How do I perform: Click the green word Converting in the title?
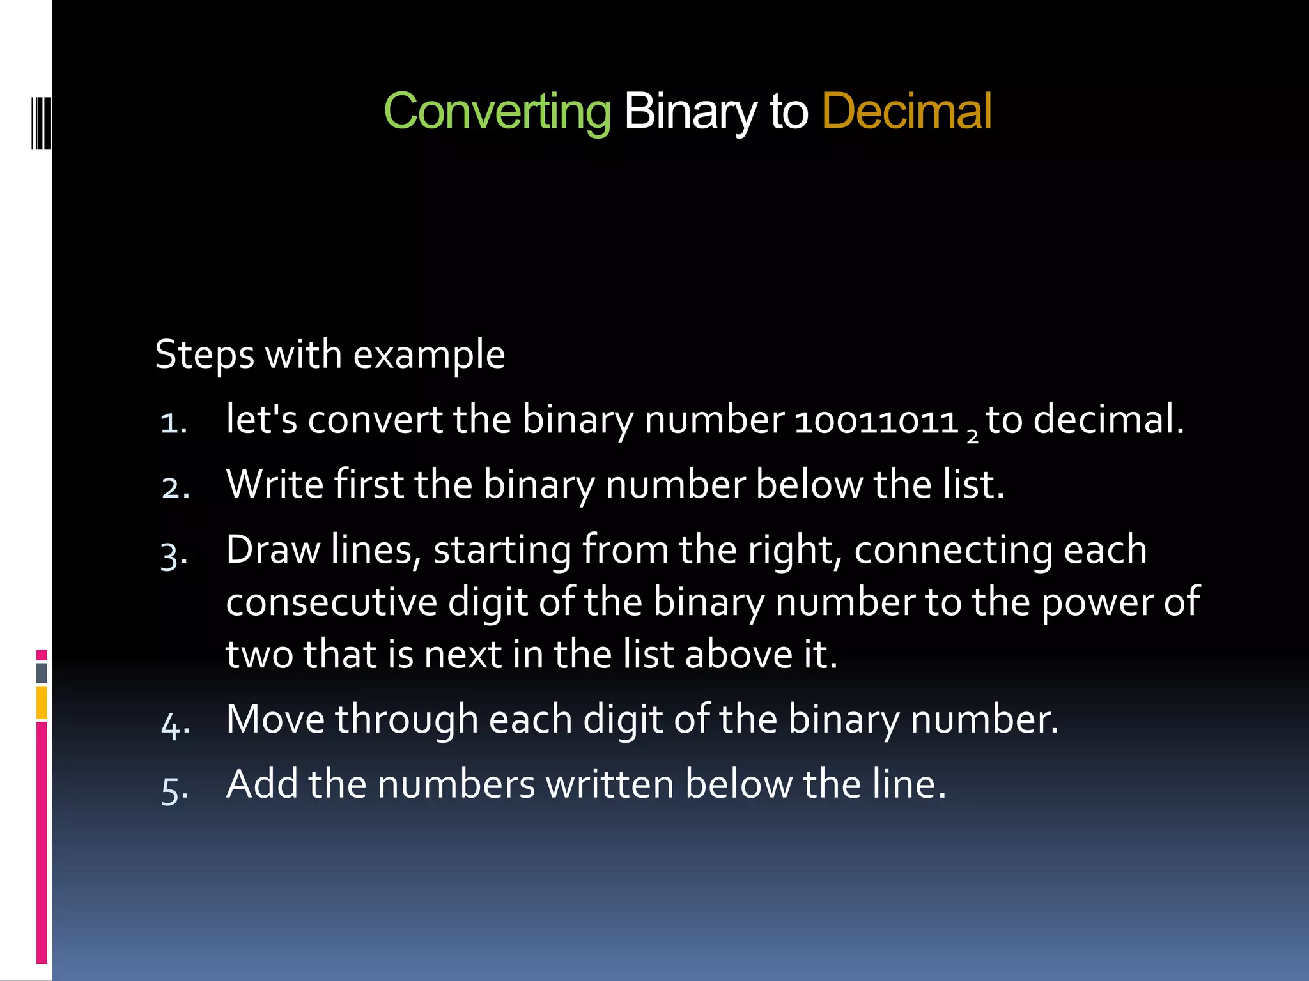click(x=497, y=112)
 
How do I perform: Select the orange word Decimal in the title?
click(x=906, y=112)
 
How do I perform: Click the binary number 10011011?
click(x=876, y=422)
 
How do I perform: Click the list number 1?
click(x=173, y=423)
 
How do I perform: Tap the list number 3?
click(x=174, y=555)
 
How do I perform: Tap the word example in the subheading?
click(x=429, y=355)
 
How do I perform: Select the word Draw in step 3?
click(x=273, y=550)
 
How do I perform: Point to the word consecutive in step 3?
click(x=331, y=602)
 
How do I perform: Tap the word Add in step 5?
click(x=261, y=784)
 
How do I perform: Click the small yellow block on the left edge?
click(x=42, y=702)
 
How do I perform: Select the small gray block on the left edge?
click(x=42, y=673)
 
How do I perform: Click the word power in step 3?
click(x=1096, y=604)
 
